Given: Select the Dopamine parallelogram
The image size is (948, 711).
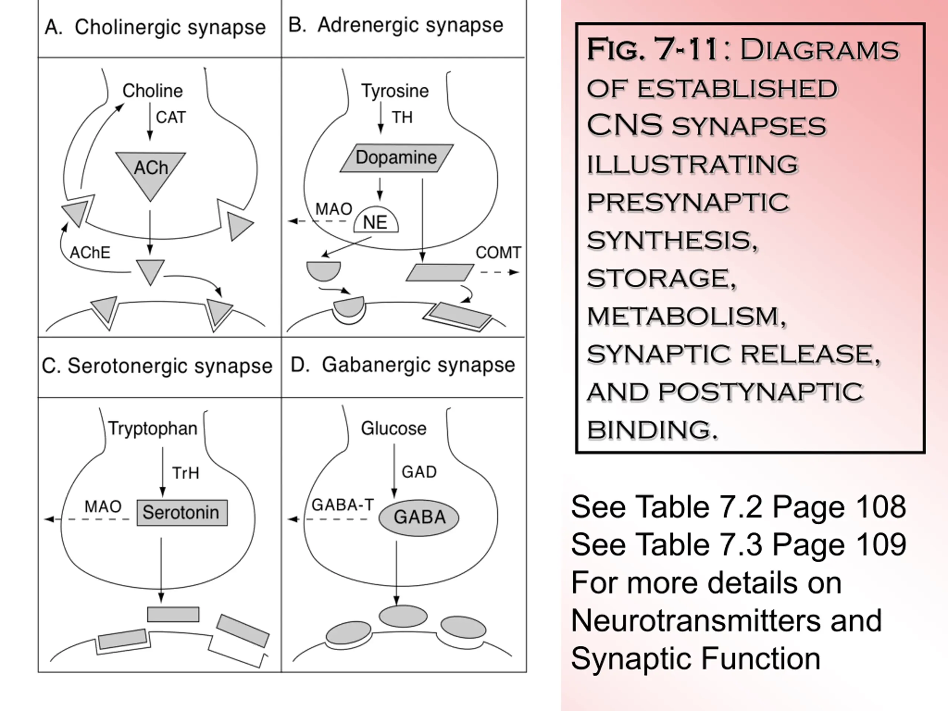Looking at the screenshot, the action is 397,158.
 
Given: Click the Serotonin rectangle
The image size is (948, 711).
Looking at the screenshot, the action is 182,513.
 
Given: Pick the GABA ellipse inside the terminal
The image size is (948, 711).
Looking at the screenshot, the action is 419,517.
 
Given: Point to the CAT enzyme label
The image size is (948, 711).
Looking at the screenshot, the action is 171,117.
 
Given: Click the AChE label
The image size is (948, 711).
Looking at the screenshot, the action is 90,253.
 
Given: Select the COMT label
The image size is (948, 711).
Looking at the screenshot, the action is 498,253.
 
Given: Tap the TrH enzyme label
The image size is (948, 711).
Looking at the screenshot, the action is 186,473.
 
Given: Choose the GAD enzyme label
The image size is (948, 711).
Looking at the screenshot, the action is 419,472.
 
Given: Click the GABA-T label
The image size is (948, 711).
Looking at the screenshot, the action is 343,505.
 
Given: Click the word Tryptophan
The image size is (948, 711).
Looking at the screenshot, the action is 153,429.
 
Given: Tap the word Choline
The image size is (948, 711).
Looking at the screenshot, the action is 153,91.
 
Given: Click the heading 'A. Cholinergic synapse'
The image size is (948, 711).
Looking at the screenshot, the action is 155,28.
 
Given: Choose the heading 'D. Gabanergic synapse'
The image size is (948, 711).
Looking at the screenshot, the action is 403,365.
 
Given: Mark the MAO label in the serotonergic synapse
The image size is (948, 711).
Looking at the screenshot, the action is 103,507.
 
